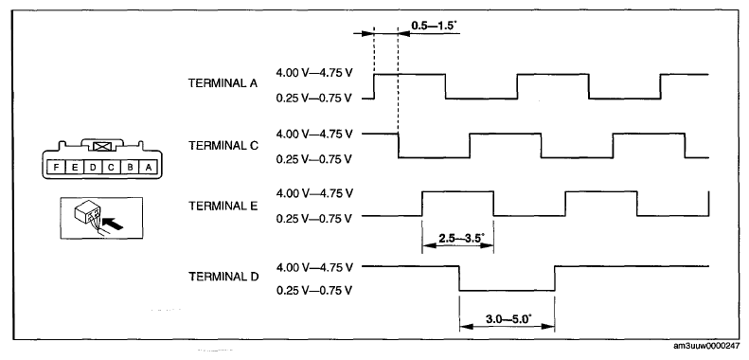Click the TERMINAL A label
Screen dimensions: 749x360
(223, 83)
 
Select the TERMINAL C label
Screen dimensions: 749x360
(223, 145)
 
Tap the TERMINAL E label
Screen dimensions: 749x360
(223, 207)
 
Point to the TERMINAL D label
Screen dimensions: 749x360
(223, 277)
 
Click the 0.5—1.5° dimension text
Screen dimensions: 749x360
(435, 25)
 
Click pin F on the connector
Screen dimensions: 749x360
(57, 168)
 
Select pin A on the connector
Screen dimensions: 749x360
(148, 168)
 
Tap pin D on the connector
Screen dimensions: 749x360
(93, 168)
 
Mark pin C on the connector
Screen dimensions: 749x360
(111, 168)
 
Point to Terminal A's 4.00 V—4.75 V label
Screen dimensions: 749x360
(314, 73)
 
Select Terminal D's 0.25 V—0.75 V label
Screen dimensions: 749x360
(314, 291)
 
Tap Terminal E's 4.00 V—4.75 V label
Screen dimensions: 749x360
(314, 193)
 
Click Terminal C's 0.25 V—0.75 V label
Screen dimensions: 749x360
(314, 158)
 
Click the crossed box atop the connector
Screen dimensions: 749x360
(102, 147)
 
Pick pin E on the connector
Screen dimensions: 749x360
(75, 168)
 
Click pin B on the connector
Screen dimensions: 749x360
(130, 168)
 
